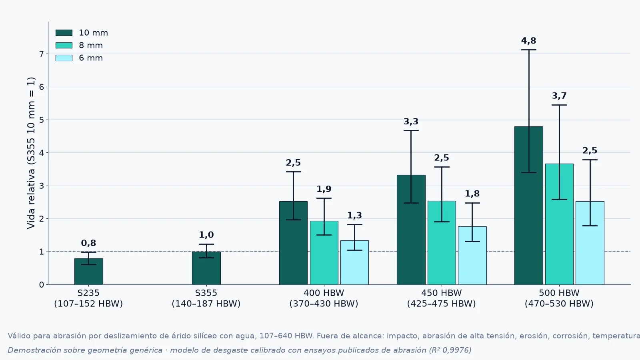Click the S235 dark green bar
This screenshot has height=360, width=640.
point(88,272)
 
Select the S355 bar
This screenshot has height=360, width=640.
point(206,268)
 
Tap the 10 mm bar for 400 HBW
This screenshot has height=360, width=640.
point(294,243)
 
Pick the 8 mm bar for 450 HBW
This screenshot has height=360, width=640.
point(442,243)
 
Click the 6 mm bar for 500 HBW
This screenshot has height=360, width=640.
point(590,243)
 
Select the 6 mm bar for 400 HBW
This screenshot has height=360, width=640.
point(354,262)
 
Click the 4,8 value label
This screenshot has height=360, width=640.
point(528,41)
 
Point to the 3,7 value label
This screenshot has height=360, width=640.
point(559,96)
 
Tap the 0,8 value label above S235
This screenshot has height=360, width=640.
point(88,243)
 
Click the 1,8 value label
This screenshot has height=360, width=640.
point(472,194)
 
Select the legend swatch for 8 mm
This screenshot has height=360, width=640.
point(64,46)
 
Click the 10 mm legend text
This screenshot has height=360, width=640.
point(94,33)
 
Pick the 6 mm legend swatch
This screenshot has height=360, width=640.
point(64,58)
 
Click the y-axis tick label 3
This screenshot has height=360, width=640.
point(42,186)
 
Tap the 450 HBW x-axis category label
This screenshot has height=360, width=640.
point(442,293)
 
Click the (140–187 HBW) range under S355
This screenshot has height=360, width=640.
point(206,304)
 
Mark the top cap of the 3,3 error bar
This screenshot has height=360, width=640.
point(411,130)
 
